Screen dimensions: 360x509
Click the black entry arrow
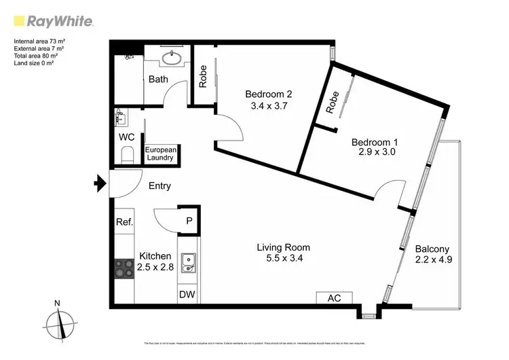click(x=100, y=183)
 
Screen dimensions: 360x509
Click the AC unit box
click(x=333, y=298)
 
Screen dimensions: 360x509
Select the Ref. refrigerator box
click(x=124, y=221)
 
